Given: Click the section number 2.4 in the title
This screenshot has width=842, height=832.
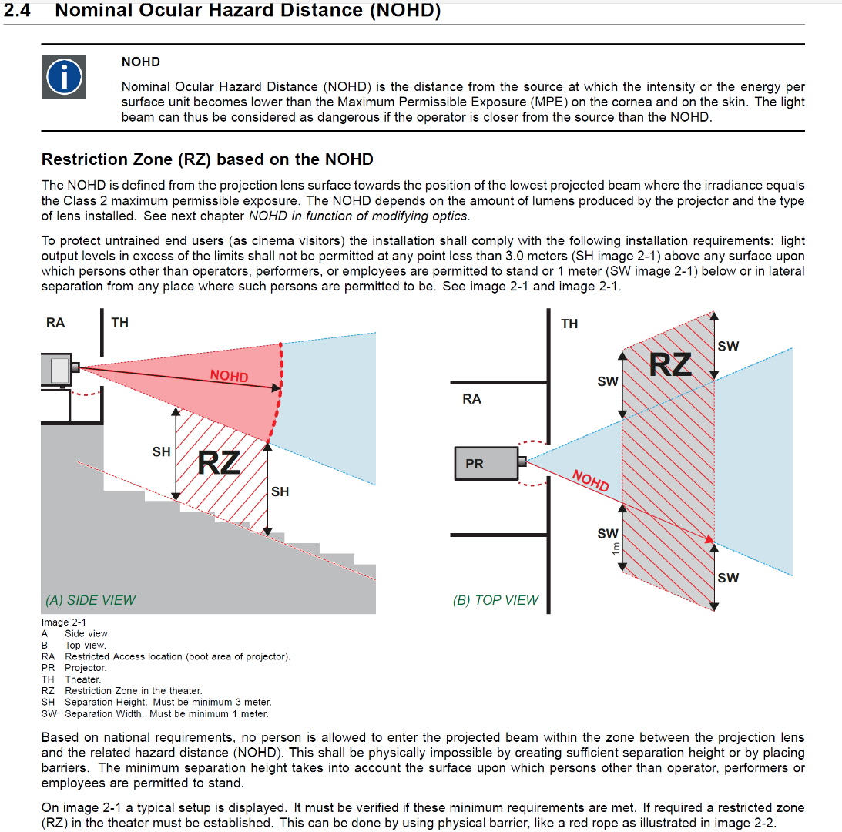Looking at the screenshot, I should (x=18, y=11).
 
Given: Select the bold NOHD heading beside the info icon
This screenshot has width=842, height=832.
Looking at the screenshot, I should (x=141, y=62).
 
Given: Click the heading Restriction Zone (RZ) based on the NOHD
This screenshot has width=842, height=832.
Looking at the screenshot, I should (x=207, y=159).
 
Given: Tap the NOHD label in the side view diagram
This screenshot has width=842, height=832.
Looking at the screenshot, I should (x=229, y=376).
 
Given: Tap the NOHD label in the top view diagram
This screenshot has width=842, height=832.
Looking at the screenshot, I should (x=590, y=481).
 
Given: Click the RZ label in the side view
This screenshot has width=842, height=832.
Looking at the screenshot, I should (x=219, y=463).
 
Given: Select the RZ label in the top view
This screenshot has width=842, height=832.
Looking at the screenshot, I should (x=670, y=364).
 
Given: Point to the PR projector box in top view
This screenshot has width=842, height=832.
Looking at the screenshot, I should (x=486, y=464).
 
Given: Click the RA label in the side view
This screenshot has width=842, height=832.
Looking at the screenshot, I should (x=55, y=322).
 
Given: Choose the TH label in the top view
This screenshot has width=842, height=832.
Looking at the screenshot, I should (x=569, y=324).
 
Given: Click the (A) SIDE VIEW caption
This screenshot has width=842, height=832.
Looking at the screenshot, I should (x=91, y=600).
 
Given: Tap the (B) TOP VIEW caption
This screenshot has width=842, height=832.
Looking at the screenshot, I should (x=495, y=600).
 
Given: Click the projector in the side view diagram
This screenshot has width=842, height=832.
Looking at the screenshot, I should (x=59, y=369).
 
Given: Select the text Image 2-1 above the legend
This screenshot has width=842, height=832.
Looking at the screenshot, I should (x=64, y=622).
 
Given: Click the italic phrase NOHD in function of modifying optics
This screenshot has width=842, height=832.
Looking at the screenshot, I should (x=358, y=216).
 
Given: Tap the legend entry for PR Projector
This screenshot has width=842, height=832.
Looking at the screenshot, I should (x=75, y=668).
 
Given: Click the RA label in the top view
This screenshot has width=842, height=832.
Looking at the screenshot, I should (x=471, y=399).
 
